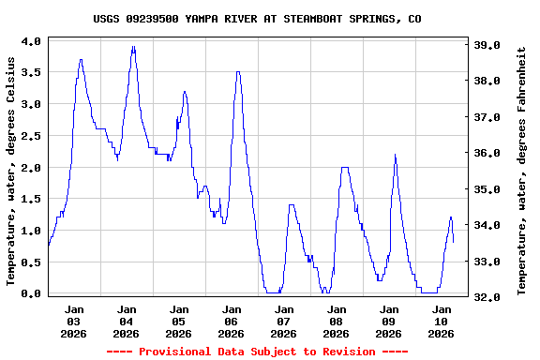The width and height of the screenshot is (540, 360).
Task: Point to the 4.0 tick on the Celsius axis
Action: [x=31, y=41]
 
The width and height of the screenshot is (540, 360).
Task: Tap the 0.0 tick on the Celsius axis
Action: [x=31, y=293]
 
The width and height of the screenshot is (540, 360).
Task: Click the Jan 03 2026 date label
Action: [x=73, y=321]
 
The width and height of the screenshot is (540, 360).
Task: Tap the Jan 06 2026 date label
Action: [x=231, y=321]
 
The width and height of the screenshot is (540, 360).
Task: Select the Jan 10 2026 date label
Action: [x=441, y=321]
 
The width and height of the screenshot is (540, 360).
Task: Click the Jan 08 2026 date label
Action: [x=336, y=321]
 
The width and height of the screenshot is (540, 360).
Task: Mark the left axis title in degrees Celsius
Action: [x=12, y=171]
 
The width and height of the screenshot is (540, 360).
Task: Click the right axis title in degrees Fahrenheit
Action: [x=521, y=170]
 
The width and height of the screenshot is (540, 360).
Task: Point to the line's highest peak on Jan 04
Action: [x=133, y=47]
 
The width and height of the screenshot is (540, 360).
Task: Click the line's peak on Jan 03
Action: [x=81, y=60]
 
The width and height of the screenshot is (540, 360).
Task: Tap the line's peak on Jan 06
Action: [x=238, y=72]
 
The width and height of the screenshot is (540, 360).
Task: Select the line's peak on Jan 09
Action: [x=395, y=155]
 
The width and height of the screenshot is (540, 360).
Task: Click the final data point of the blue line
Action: [x=454, y=242]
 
